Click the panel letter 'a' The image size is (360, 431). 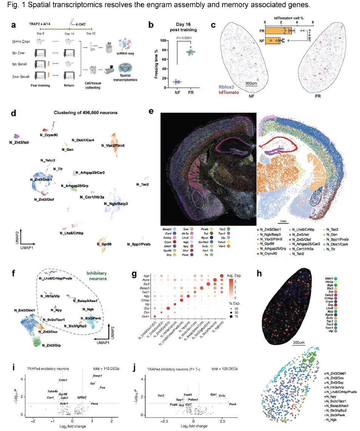(14, 26)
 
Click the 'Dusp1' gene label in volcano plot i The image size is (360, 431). (98, 375)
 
